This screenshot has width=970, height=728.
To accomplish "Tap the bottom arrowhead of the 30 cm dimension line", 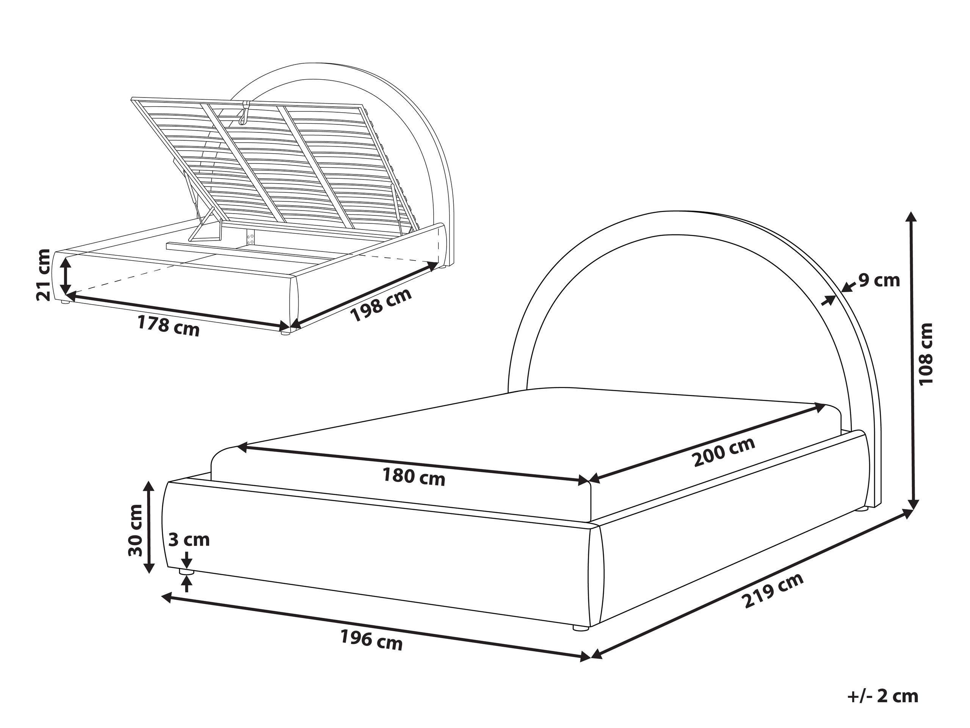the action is pyautogui.click(x=149, y=573).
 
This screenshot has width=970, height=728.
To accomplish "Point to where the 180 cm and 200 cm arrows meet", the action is pyautogui.click(x=589, y=480).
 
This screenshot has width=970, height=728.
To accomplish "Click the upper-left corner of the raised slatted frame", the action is pyautogui.click(x=131, y=98).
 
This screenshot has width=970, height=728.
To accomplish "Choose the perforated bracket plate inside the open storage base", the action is pyautogui.click(x=251, y=238).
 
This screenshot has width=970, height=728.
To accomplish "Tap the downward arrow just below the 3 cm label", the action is pyautogui.click(x=187, y=560).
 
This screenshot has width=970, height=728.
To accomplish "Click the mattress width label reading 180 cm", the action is pyautogui.click(x=414, y=476).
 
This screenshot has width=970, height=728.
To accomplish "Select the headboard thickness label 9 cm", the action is pyautogui.click(x=879, y=280).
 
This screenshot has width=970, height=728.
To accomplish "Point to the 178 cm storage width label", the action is pyautogui.click(x=168, y=326).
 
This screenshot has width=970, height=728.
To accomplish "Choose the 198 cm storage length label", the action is pyautogui.click(x=381, y=305).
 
